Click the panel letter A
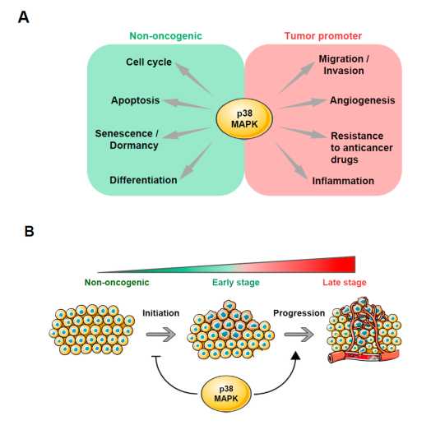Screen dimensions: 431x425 (x=23, y=17)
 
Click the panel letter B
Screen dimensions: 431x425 (x=29, y=231)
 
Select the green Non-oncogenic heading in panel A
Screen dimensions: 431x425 (x=166, y=36)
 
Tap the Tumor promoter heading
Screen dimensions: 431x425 (x=323, y=36)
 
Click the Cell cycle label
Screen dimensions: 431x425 (x=149, y=62)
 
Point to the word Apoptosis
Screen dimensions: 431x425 (x=135, y=100)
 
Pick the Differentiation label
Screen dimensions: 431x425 (x=143, y=180)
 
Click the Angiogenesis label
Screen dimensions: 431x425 (x=362, y=100)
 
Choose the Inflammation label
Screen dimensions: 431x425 (x=343, y=181)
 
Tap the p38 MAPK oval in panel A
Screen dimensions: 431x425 (x=244, y=118)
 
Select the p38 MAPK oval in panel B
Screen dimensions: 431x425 (x=226, y=394)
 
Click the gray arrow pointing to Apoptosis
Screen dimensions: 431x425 (x=187, y=104)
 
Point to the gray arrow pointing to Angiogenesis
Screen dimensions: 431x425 (x=304, y=104)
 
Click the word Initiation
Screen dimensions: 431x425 (x=160, y=313)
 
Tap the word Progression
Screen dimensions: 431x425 (x=299, y=313)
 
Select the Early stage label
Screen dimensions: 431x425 (x=236, y=283)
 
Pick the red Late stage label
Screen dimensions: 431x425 (x=345, y=283)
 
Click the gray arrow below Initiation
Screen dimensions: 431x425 (x=161, y=335)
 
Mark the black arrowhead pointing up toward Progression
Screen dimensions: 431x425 (x=296, y=355)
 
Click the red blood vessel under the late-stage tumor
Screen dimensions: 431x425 (x=364, y=357)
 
